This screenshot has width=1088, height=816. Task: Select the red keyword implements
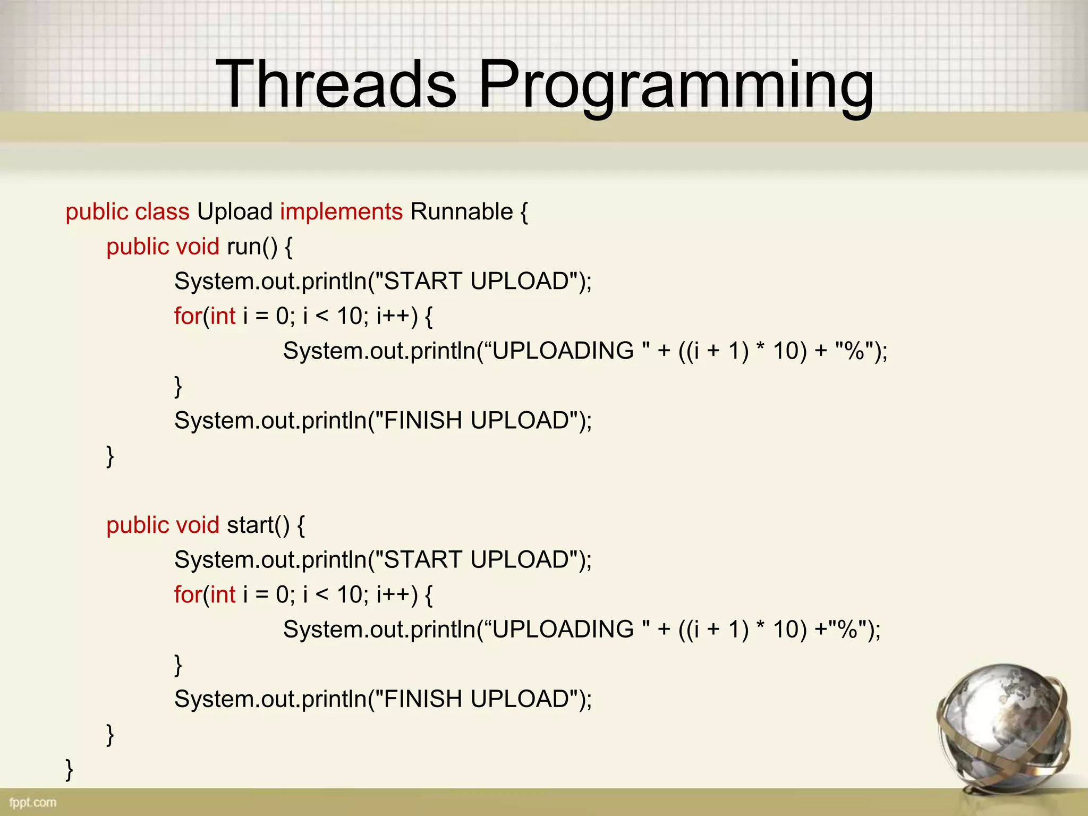click(341, 212)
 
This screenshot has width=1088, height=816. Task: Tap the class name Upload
click(234, 212)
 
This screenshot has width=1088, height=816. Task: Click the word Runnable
click(461, 212)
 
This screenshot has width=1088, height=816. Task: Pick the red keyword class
click(162, 212)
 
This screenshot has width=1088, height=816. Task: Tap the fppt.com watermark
click(33, 802)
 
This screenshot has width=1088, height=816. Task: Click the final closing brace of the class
click(69, 769)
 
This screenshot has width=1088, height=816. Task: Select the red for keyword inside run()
click(188, 317)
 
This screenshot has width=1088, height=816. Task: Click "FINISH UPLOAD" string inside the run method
click(477, 421)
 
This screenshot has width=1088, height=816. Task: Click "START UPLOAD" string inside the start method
click(477, 560)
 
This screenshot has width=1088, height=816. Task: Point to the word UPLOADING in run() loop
click(563, 351)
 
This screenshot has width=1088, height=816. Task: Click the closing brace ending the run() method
click(110, 456)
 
